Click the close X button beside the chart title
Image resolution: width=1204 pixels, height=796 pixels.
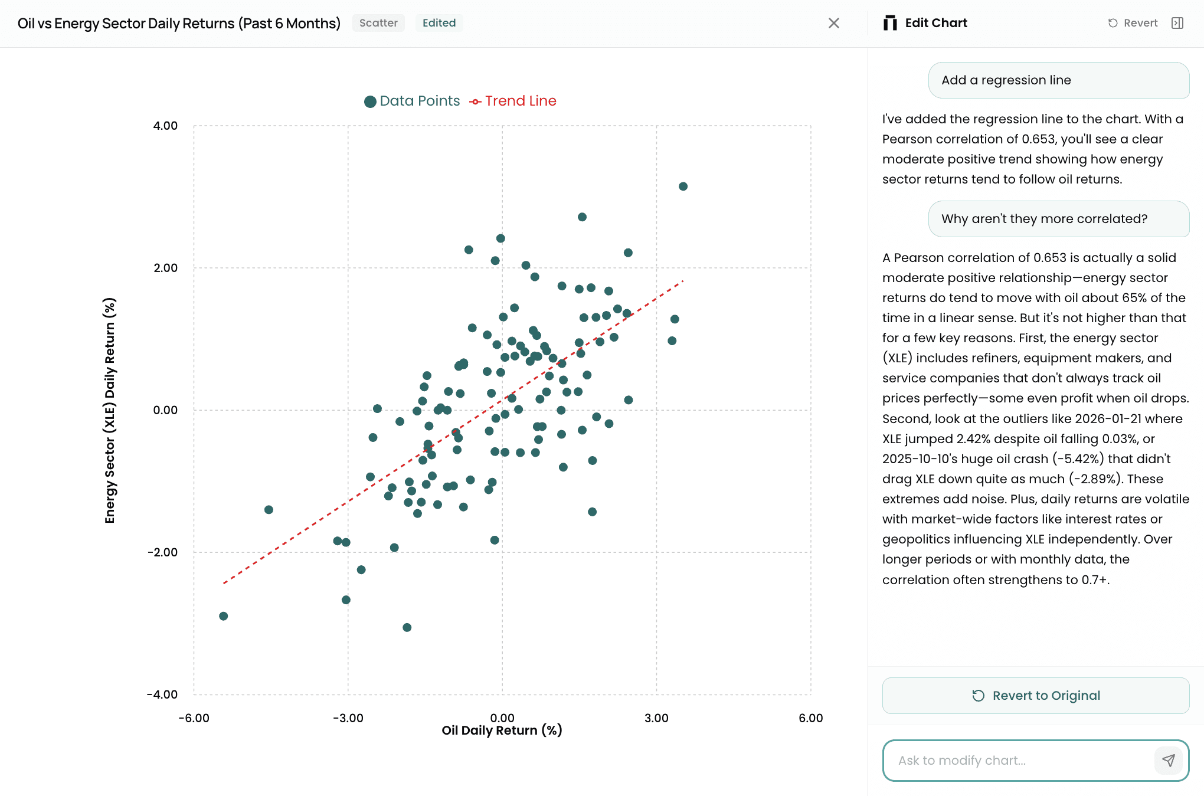coord(833,23)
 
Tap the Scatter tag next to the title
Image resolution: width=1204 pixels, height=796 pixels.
coord(378,23)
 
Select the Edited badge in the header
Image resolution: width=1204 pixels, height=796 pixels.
coord(439,23)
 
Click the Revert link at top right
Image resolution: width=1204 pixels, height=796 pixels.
coord(1133,23)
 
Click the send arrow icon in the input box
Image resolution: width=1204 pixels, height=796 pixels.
coord(1168,760)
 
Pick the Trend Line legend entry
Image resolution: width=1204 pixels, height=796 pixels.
coord(513,101)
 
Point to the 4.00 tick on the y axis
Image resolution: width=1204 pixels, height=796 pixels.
coord(165,126)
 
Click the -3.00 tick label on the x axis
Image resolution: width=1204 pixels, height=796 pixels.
coord(348,718)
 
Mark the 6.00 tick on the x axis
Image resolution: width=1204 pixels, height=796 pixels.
coord(810,718)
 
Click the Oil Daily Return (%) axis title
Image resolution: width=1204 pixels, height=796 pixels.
coord(502,731)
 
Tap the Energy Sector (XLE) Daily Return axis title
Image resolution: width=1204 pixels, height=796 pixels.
coord(110,410)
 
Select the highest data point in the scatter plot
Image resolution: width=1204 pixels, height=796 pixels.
coord(683,186)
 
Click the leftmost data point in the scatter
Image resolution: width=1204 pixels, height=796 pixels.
coord(223,616)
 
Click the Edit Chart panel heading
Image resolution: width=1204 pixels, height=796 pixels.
coord(935,23)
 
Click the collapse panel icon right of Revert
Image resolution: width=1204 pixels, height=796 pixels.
coord(1177,23)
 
